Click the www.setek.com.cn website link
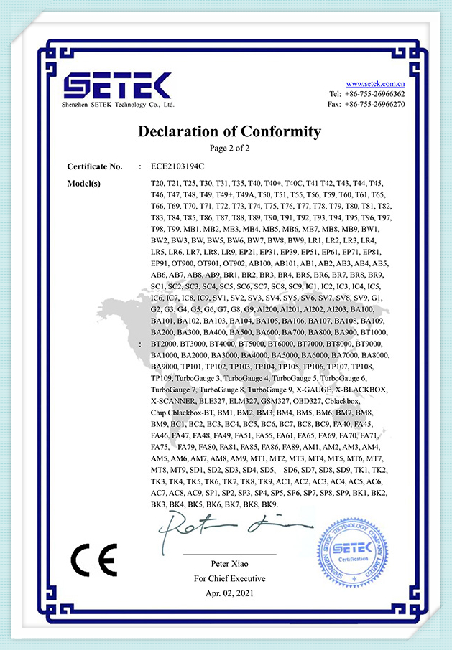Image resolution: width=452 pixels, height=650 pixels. (x=375, y=84)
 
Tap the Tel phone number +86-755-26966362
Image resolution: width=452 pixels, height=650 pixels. (x=375, y=94)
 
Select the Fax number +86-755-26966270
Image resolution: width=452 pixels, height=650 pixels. (x=375, y=104)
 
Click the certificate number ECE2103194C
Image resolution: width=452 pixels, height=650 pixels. (x=173, y=166)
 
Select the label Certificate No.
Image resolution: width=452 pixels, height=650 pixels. (x=94, y=166)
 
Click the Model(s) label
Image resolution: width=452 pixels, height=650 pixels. (x=83, y=183)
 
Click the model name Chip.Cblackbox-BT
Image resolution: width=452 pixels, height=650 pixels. (x=182, y=413)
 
